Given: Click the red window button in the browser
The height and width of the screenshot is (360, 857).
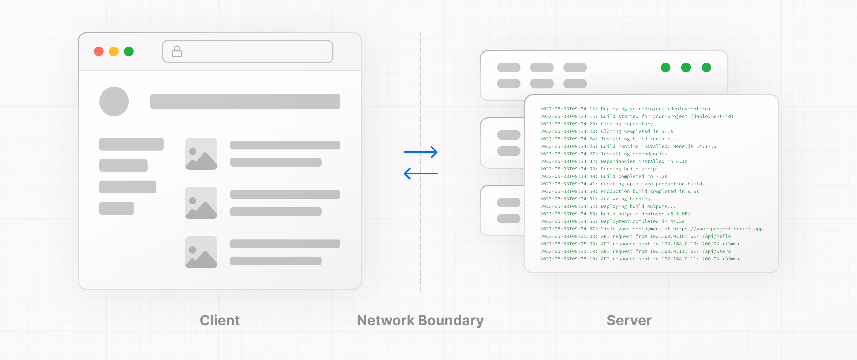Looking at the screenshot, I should [99, 52].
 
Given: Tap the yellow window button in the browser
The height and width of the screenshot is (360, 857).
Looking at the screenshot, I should [114, 52].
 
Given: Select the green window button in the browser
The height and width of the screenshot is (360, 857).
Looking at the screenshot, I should [129, 52].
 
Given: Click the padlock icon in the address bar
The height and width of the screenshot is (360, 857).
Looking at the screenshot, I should [177, 52].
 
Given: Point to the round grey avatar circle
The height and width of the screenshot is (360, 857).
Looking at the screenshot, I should [114, 102].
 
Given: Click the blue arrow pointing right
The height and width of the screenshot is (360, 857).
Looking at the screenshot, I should [420, 152].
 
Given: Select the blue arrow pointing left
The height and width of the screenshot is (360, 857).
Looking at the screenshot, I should [420, 173].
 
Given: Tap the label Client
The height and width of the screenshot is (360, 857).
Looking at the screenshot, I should [220, 320].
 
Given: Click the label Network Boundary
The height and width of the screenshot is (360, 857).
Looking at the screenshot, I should [420, 320].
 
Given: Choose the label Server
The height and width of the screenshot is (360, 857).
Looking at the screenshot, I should [629, 320].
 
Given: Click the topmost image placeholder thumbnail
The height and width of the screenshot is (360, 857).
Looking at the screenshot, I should [201, 154].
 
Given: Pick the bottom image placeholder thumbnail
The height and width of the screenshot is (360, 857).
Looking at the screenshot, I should [201, 252].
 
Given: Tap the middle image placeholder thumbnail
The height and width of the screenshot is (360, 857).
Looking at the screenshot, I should [201, 203].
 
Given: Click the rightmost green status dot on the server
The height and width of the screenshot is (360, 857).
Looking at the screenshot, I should [706, 67].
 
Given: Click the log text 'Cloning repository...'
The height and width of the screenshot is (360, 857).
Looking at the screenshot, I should [631, 124].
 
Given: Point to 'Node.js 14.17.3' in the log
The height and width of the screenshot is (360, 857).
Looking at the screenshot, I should [695, 147].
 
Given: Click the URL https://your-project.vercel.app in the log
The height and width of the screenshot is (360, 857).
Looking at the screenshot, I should [718, 229].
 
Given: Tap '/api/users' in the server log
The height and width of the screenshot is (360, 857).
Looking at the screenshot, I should [716, 252].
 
